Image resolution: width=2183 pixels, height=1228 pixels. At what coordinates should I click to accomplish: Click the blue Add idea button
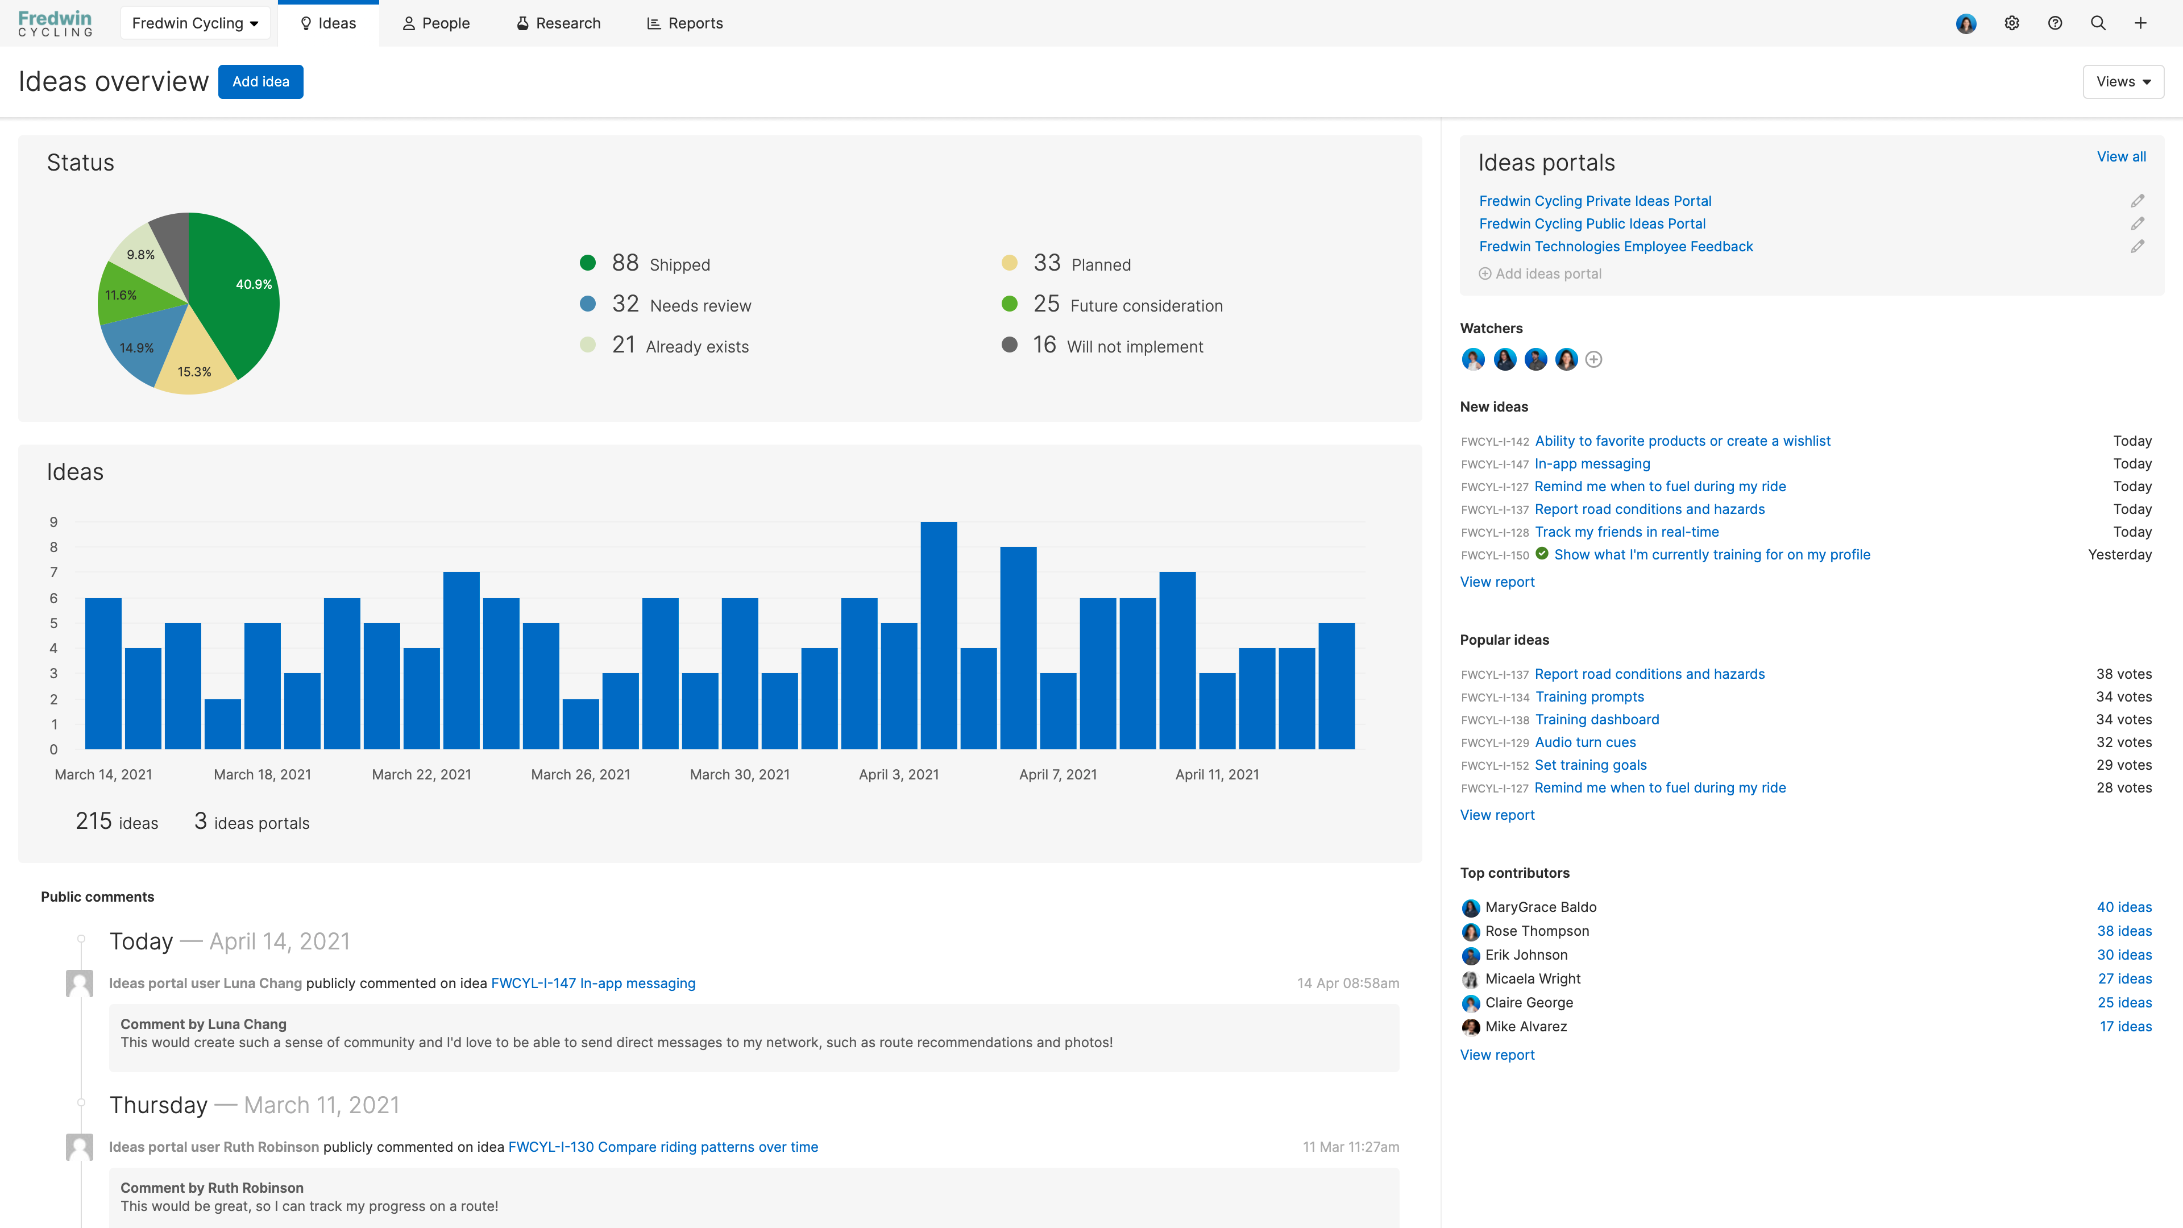point(260,81)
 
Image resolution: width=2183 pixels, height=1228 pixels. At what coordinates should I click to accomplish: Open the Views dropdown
point(2123,81)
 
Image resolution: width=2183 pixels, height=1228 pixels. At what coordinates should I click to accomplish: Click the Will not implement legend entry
point(1134,347)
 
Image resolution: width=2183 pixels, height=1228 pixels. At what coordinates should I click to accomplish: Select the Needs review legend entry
point(700,306)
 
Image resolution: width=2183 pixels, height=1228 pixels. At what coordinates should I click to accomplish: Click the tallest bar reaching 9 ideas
point(938,636)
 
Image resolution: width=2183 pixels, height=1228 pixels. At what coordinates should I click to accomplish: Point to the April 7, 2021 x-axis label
point(1057,774)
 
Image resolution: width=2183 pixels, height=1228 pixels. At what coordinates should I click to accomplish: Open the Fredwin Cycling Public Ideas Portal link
point(1592,224)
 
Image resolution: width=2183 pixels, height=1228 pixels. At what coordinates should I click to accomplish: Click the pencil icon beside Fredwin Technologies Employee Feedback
point(2138,247)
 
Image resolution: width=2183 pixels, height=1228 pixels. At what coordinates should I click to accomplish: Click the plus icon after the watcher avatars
point(1593,359)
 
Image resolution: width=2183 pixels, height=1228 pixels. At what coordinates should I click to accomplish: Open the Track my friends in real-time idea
point(1626,532)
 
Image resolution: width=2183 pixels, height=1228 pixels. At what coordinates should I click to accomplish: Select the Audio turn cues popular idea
point(1585,742)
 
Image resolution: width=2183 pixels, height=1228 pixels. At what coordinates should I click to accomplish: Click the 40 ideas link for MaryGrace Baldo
point(2124,907)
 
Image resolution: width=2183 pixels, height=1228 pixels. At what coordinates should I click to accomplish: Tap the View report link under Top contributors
point(1497,1055)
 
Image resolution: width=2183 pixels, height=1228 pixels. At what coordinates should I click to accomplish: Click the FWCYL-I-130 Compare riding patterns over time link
point(663,1147)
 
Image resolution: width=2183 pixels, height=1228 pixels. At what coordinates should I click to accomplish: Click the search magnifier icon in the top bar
point(2097,23)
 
